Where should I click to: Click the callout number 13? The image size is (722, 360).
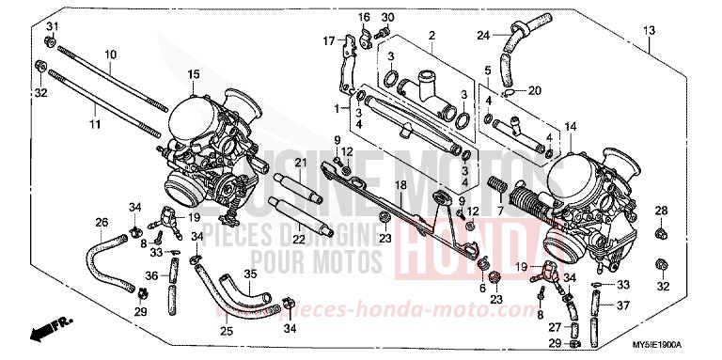pos(650,32)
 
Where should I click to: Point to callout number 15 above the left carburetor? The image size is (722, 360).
pos(193,74)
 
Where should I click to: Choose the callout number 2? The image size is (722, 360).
pos(432,36)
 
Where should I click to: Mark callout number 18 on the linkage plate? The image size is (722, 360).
pos(400,187)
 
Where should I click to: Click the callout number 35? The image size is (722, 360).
pos(251,274)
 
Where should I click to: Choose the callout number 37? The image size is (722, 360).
pos(623,305)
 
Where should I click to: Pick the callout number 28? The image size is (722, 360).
pos(661,210)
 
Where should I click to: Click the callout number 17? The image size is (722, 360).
pos(330,40)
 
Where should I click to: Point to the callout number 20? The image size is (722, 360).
pos(534,90)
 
